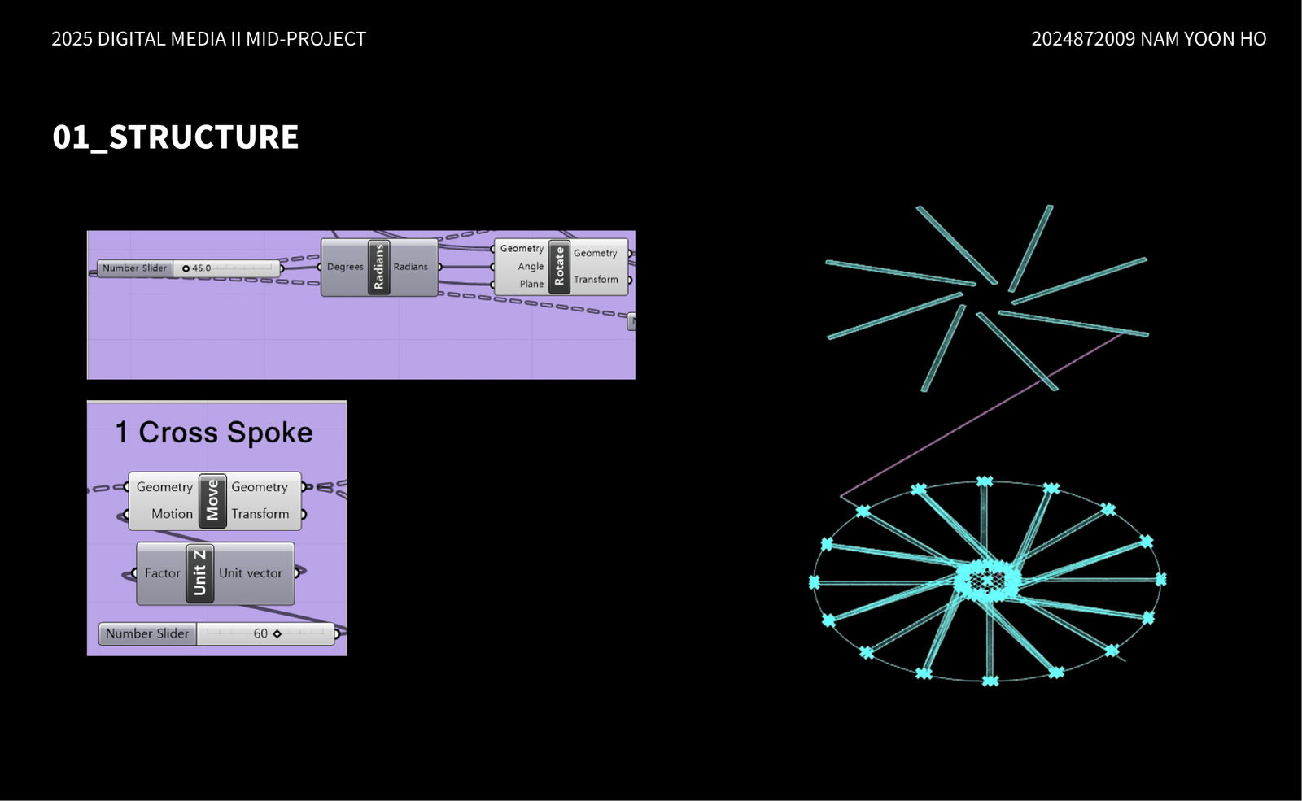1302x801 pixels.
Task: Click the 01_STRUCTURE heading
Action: point(175,137)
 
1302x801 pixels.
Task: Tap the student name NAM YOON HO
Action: point(1204,39)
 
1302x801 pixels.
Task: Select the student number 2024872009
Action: point(1083,39)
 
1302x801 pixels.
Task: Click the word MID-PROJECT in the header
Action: point(306,39)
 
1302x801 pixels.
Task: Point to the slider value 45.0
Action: point(201,268)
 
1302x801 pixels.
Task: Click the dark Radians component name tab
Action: point(379,268)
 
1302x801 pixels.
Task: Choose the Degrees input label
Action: point(345,267)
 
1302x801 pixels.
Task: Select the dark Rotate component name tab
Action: point(559,267)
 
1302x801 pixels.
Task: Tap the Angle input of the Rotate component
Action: point(531,266)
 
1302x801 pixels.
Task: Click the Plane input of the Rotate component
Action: point(531,284)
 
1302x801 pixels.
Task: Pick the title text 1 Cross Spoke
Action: point(214,433)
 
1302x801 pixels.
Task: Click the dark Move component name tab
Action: point(212,501)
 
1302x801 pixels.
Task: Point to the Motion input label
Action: point(172,513)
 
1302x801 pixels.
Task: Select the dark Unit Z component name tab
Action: point(199,573)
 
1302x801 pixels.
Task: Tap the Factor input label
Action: point(162,573)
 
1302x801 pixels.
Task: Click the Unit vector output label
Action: point(251,573)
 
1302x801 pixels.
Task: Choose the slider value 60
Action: point(260,633)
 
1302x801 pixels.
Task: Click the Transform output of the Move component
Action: point(260,513)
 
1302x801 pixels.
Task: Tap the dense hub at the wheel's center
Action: point(987,580)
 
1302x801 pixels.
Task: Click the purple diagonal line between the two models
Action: point(981,415)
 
